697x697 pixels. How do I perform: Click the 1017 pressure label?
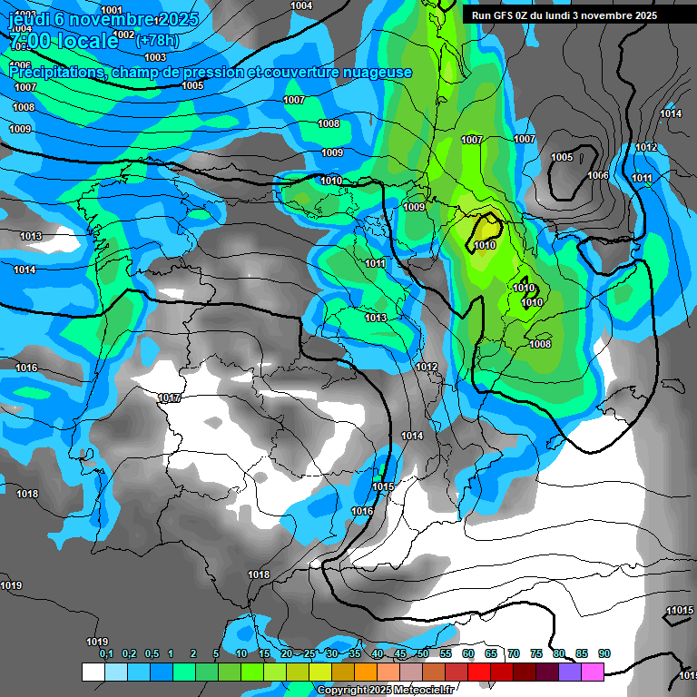(x=169, y=398)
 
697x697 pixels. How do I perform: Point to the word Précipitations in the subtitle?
(x=57, y=73)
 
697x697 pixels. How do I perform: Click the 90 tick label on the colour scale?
(x=604, y=654)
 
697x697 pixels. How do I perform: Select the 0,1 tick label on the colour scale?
(x=105, y=654)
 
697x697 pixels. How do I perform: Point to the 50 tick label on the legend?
(x=423, y=654)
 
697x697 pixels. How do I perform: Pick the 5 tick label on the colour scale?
(x=216, y=654)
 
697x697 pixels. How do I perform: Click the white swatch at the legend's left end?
(x=93, y=672)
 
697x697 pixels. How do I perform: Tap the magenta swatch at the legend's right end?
(x=593, y=672)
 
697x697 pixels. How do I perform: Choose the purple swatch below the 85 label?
(x=570, y=672)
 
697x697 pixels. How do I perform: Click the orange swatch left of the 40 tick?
(x=366, y=672)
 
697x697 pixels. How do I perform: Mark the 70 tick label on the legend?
(x=514, y=654)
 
